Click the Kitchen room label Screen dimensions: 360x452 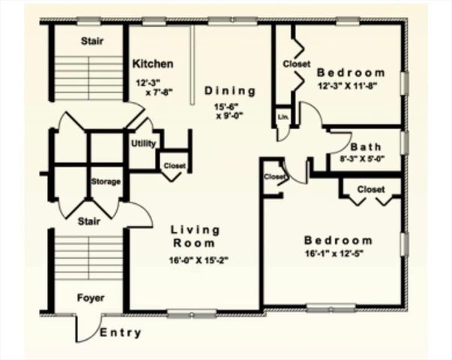click(x=153, y=64)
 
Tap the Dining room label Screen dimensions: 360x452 click(x=230, y=91)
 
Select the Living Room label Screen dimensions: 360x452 click(x=194, y=236)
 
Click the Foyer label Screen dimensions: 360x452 click(x=91, y=298)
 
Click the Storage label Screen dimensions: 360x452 click(x=106, y=182)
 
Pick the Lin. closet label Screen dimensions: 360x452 click(x=283, y=118)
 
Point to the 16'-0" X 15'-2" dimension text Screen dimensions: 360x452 click(x=194, y=261)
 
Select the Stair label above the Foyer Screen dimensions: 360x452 click(x=91, y=221)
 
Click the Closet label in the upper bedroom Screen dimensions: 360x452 click(x=297, y=64)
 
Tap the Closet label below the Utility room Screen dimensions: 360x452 click(x=175, y=166)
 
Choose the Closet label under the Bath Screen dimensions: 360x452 click(x=371, y=190)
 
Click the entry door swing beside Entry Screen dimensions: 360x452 click(x=84, y=328)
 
